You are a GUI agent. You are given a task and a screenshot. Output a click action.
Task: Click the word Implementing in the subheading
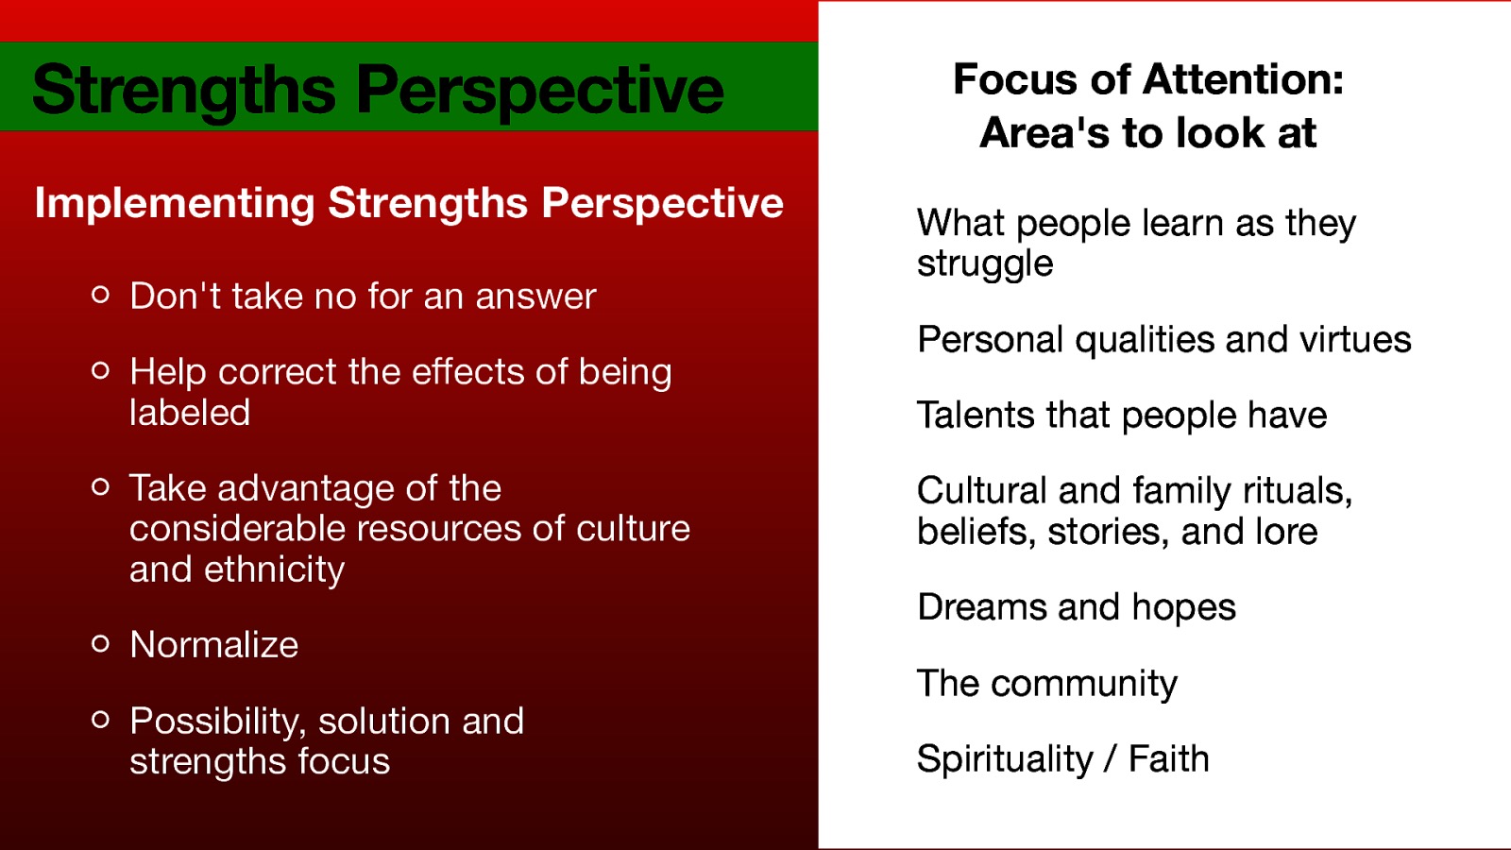pyautogui.click(x=175, y=204)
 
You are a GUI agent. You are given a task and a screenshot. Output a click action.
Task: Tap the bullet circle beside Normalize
pyautogui.click(x=101, y=644)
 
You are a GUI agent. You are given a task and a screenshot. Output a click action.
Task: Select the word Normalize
pyautogui.click(x=214, y=645)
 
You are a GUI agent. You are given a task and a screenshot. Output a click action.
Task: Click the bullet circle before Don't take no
pyautogui.click(x=101, y=296)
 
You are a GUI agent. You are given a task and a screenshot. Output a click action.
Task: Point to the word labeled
pyautogui.click(x=190, y=413)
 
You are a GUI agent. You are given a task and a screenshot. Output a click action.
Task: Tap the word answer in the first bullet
pyautogui.click(x=535, y=297)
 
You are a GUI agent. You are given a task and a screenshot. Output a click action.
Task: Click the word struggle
pyautogui.click(x=985, y=264)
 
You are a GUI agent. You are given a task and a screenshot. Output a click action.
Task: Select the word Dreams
pyautogui.click(x=981, y=607)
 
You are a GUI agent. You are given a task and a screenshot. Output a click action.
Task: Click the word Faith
pyautogui.click(x=1169, y=759)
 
